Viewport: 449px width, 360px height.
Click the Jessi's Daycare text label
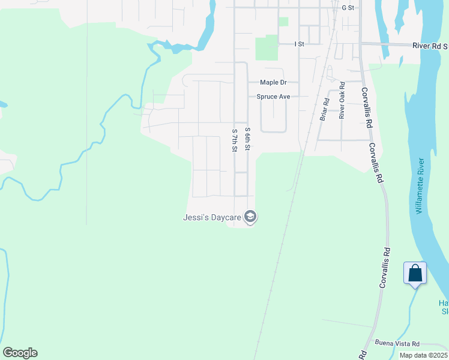click(x=212, y=217)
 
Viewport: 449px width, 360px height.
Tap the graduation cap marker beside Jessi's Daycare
click(x=250, y=217)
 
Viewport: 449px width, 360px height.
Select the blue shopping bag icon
click(x=415, y=274)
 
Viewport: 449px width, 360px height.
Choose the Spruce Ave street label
click(x=273, y=97)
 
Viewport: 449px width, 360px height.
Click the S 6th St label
click(x=247, y=139)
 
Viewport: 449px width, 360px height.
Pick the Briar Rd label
click(x=325, y=109)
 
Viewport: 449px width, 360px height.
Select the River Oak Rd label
click(x=342, y=100)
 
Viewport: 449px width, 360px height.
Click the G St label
click(x=348, y=8)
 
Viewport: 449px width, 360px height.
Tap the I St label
click(x=300, y=44)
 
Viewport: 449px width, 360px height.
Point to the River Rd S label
click(x=430, y=46)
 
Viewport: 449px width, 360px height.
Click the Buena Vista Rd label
click(x=397, y=343)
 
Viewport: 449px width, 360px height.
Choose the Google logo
click(x=20, y=353)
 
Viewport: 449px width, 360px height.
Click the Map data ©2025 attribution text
click(x=423, y=355)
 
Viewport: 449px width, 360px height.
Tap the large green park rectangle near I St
click(x=267, y=47)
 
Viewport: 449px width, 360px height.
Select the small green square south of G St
click(x=283, y=22)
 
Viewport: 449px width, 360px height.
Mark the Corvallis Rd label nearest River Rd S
click(x=364, y=108)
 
